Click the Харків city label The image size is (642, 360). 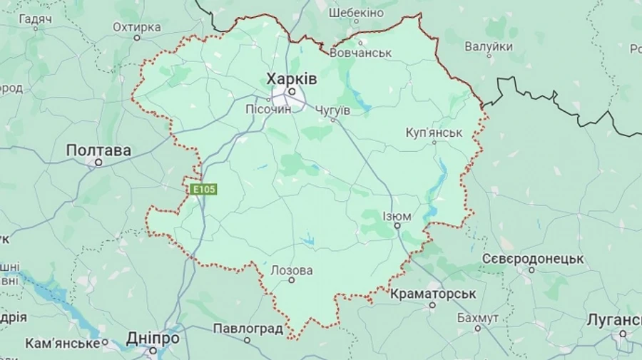click(291, 78)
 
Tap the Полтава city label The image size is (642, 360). click(98, 150)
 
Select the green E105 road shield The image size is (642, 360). click(203, 190)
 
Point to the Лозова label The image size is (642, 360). click(291, 270)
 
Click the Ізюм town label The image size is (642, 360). click(397, 216)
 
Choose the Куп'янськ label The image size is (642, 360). click(434, 133)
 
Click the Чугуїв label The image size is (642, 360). click(332, 110)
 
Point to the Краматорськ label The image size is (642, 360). click(433, 294)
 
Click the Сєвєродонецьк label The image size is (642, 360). click(533, 258)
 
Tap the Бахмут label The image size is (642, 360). click(477, 317)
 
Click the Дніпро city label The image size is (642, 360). click(153, 338)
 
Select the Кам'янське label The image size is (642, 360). click(62, 343)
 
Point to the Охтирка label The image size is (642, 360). click(136, 27)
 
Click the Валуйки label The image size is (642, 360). click(489, 46)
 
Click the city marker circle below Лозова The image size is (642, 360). click(291, 280)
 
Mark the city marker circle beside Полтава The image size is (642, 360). click(98, 162)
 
